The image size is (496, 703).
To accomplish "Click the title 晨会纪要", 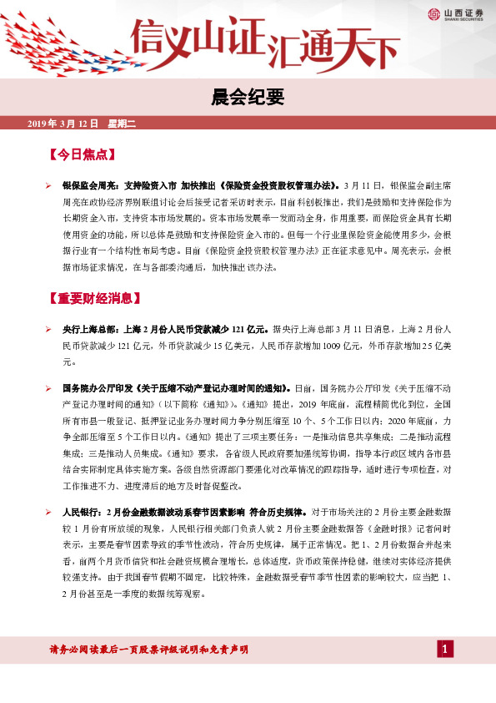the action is (x=248, y=99).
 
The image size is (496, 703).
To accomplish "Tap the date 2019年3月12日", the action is (x=63, y=124).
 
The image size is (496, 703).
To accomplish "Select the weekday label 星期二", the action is (x=122, y=124).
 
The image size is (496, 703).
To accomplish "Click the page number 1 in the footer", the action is (x=446, y=650).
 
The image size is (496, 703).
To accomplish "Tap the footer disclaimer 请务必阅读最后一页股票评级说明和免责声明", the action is (x=149, y=650).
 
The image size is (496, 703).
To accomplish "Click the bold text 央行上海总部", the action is (x=91, y=330).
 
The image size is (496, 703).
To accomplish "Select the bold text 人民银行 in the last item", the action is (x=82, y=510).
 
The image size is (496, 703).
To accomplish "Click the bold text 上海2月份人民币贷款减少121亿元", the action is (x=196, y=330).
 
